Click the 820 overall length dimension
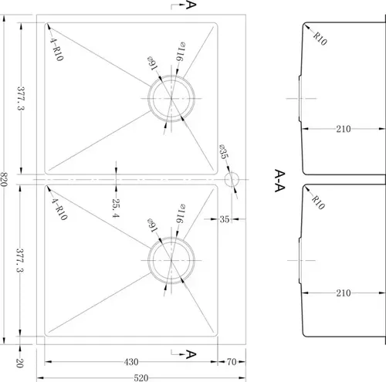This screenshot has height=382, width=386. pyautogui.click(x=5, y=179)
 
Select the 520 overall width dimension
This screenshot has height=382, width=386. pyautogui.click(x=141, y=377)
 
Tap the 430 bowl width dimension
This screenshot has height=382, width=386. pyautogui.click(x=131, y=362)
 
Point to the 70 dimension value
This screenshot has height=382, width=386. pyautogui.click(x=232, y=362)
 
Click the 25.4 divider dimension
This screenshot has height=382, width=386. pyautogui.click(x=116, y=208)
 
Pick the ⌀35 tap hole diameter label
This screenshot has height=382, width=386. pyautogui.click(x=224, y=151)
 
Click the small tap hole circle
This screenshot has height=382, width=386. pyautogui.click(x=232, y=179)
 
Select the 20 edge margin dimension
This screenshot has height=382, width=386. pyautogui.click(x=20, y=363)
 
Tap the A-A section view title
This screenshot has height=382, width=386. pyautogui.click(x=279, y=181)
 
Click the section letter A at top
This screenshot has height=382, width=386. pyautogui.click(x=191, y=5)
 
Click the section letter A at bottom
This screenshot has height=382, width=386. pyautogui.click(x=191, y=354)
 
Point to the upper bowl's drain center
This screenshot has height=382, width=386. pyautogui.click(x=171, y=98)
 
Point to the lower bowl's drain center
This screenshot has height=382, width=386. pyautogui.click(x=171, y=260)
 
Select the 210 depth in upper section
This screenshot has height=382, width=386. pyautogui.click(x=344, y=129)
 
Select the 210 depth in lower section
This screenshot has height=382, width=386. pyautogui.click(x=344, y=292)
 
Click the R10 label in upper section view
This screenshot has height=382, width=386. pyautogui.click(x=320, y=39)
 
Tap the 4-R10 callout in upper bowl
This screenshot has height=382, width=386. pyautogui.click(x=56, y=49)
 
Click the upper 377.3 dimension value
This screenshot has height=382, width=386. pyautogui.click(x=21, y=98)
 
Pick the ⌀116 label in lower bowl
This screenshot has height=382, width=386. pyautogui.click(x=181, y=214)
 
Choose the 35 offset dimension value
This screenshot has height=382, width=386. pyautogui.click(x=225, y=219)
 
